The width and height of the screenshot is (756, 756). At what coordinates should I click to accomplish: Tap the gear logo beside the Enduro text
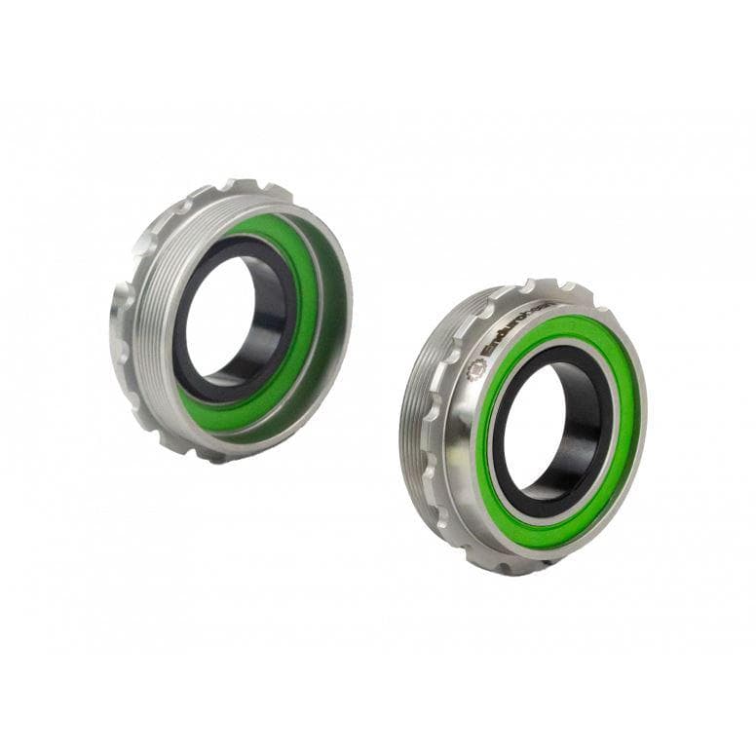click(x=478, y=368)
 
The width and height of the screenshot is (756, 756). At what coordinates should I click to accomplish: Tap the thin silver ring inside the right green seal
click(x=493, y=409)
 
